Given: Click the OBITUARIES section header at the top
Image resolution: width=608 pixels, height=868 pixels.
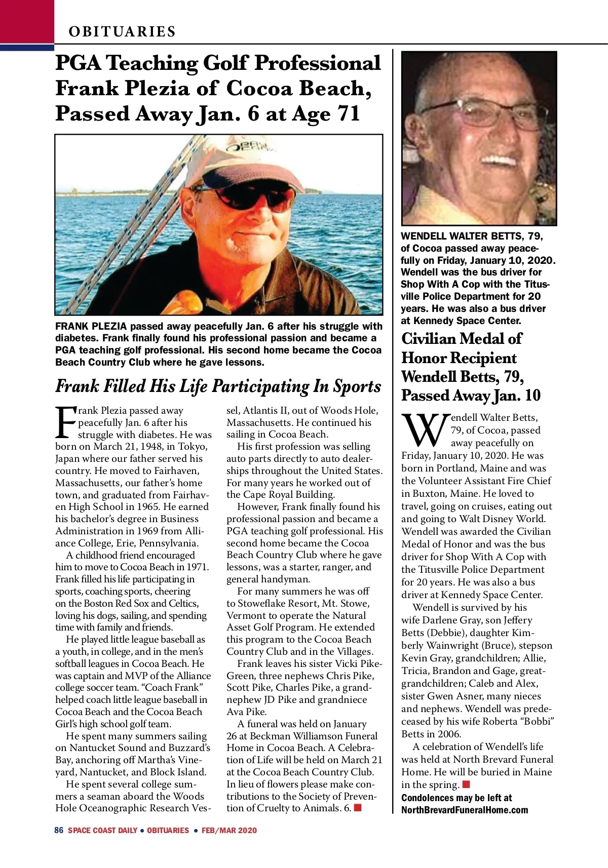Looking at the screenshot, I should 122,31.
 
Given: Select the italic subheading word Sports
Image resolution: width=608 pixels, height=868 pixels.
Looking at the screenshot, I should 357,386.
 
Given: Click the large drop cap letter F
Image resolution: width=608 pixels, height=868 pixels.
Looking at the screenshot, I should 65,422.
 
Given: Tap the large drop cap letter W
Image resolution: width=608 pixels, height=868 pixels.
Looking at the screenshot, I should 425,430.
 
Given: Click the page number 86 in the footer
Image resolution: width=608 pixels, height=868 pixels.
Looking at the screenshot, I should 59,830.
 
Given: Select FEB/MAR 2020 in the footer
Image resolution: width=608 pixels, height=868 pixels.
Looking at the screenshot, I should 229,831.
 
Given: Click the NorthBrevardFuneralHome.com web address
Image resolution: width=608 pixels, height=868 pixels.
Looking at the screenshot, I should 464,810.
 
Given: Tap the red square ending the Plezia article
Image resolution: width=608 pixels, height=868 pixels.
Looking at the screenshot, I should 358,807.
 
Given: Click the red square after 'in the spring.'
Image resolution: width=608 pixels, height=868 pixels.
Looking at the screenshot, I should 466,784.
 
